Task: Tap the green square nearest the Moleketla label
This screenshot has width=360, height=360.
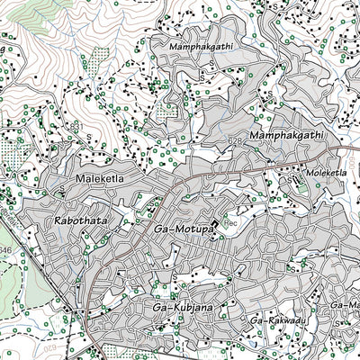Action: click(x=298, y=177)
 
